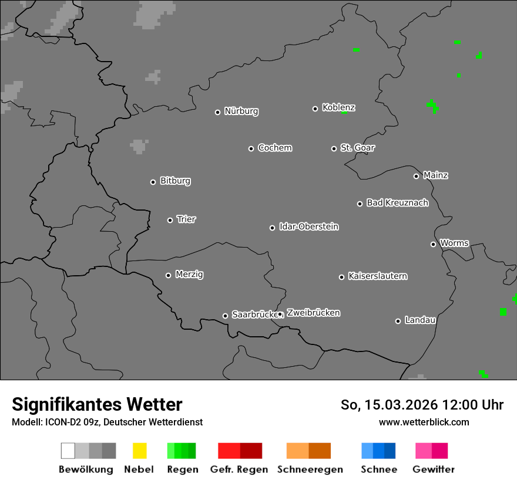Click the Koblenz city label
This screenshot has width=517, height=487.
[338, 107]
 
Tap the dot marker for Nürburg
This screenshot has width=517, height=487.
[217, 112]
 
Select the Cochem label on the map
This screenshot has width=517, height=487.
[274, 148]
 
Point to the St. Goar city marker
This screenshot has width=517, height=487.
[334, 148]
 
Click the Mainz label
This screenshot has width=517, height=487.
[435, 175]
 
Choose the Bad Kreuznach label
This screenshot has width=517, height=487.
[397, 203]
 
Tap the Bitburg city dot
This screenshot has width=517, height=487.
[153, 182]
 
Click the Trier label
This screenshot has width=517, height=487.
[186, 219]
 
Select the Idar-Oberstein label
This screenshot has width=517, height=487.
[308, 227]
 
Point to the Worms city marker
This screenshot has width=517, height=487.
[433, 244]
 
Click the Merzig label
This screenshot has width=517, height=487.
[189, 275]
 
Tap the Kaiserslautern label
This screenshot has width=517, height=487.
[377, 276]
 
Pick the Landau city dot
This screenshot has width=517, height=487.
[398, 321]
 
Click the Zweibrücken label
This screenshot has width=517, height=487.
[313, 313]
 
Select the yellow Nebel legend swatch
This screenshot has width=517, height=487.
[139, 451]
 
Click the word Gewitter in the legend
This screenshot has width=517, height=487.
[433, 469]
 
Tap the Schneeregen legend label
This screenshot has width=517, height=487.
[310, 469]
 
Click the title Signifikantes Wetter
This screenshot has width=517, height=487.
[97, 404]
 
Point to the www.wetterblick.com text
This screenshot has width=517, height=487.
[424, 422]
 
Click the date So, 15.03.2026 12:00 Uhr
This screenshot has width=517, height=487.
[422, 405]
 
